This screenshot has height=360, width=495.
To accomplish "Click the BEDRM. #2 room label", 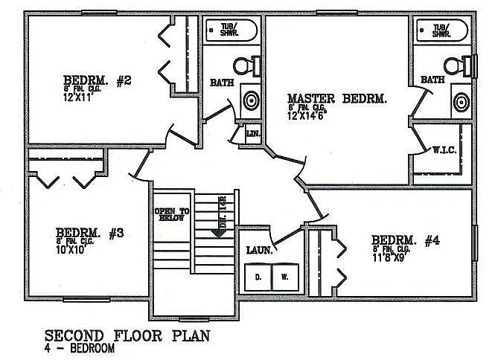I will [x=98, y=80].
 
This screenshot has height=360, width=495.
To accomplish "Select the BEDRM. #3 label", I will [x=89, y=232].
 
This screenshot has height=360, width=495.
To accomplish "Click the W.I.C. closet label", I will [x=444, y=149].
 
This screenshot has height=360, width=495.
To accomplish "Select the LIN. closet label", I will [x=252, y=135].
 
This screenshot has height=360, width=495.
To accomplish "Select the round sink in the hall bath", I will [x=252, y=99].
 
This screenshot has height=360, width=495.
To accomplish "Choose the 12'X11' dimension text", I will [x=78, y=97].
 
